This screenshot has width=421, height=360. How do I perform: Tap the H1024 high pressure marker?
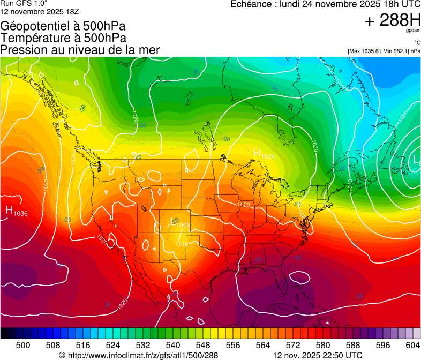tap(264, 154)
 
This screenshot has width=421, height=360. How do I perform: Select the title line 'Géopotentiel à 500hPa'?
tap(63, 26)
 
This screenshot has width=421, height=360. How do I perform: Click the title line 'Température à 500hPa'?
tap(63, 38)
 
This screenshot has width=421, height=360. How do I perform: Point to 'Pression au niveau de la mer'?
tap(80, 50)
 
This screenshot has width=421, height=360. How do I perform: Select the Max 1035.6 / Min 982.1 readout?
tap(384, 51)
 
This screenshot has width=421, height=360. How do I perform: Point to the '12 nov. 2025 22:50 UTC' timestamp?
tap(318, 355)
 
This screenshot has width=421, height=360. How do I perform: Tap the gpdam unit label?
tap(414, 32)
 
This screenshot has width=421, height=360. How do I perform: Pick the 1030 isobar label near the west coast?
tap(46, 185)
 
